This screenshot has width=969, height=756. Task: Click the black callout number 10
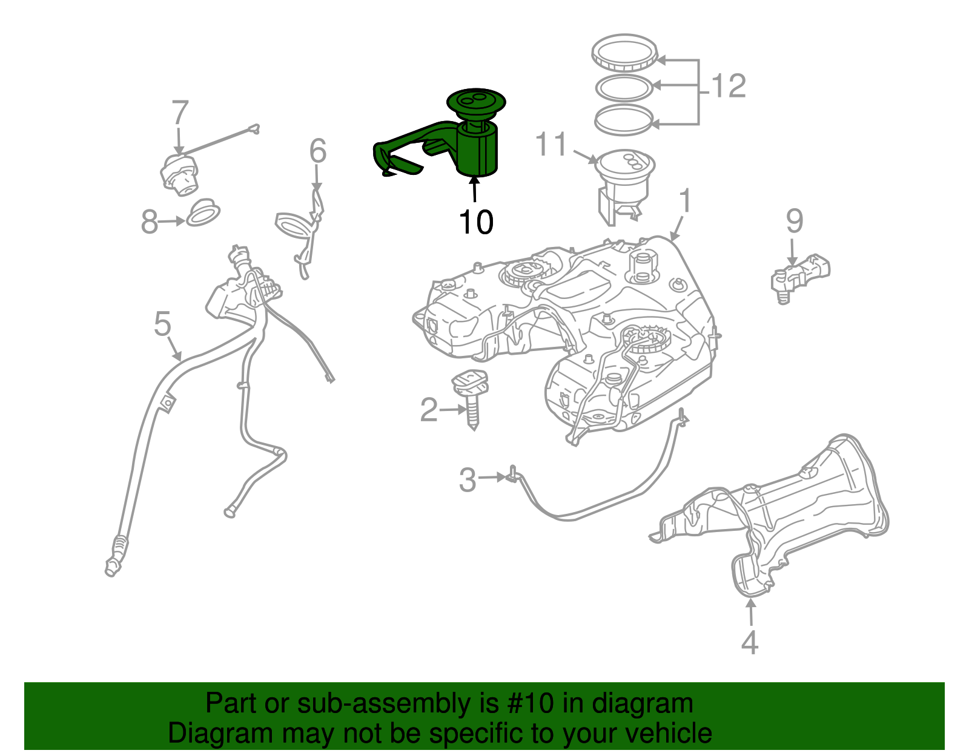tap(476, 223)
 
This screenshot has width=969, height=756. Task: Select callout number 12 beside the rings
tap(729, 86)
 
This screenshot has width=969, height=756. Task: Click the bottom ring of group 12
tap(624, 119)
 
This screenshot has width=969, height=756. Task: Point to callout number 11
tap(551, 145)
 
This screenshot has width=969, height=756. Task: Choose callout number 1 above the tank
tap(685, 201)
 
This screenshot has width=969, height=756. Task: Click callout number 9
tap(795, 221)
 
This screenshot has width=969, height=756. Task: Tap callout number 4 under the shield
tap(750, 642)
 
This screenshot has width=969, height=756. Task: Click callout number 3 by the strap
tap(468, 480)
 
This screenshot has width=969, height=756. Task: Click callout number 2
tap(429, 410)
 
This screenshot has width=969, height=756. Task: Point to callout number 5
tap(162, 324)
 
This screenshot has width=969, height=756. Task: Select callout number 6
tap(318, 151)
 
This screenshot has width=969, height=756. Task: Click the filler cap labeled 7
tap(179, 174)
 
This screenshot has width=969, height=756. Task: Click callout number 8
tap(149, 222)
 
